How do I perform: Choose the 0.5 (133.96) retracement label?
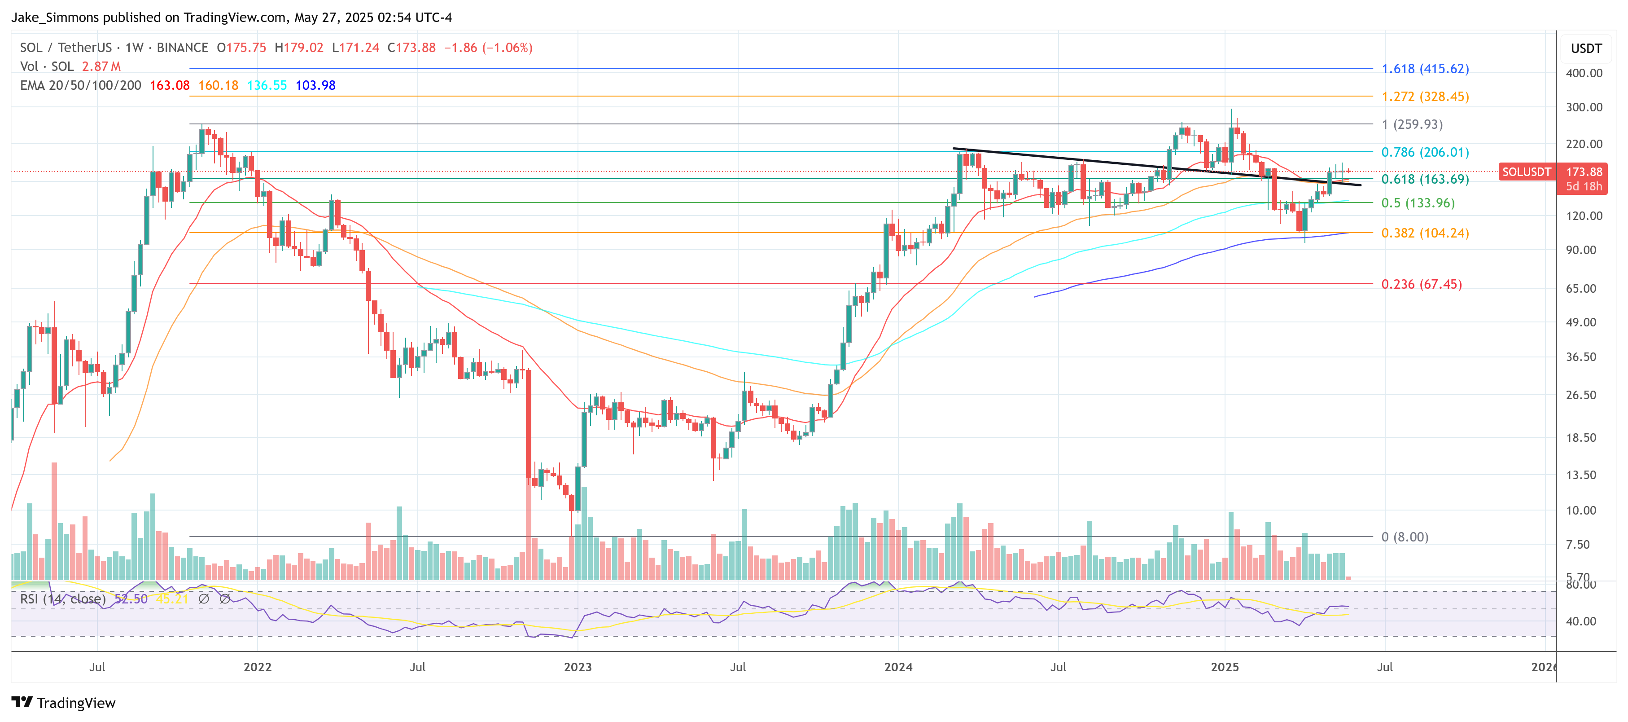1418,203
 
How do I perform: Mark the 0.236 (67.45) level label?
1421,285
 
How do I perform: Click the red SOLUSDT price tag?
1526,172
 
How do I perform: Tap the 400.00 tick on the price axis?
1584,73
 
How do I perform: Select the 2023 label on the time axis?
578,667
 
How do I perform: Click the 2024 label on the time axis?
898,667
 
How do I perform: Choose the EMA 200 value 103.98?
315,85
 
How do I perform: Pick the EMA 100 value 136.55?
267,85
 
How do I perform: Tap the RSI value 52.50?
131,599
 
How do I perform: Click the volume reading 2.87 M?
101,66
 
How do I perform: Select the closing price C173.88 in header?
411,48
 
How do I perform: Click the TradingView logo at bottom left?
63,703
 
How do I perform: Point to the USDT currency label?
1586,48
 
